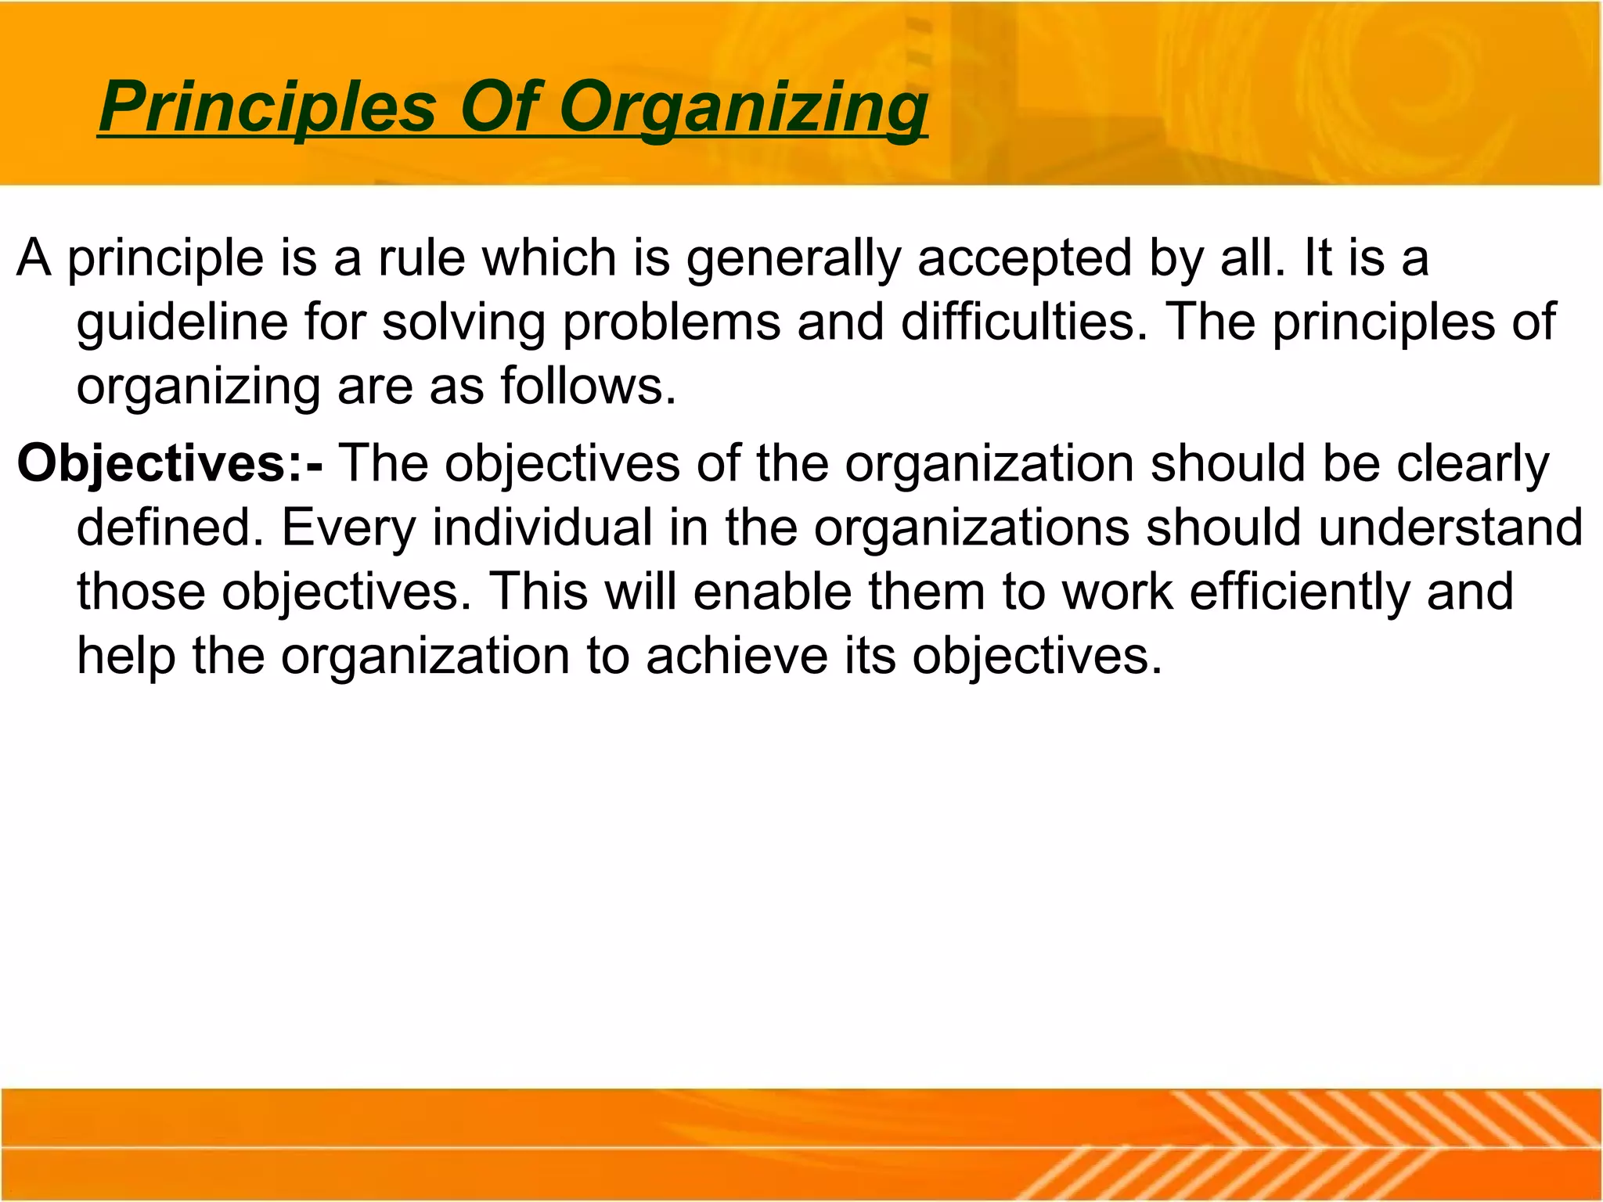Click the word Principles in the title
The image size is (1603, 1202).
267,107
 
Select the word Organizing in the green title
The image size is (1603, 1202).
744,107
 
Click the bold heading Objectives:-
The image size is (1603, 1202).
169,463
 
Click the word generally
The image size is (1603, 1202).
793,259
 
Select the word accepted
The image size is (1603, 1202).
1025,259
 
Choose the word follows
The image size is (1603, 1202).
588,386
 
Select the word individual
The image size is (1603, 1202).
542,527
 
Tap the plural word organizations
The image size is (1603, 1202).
971,528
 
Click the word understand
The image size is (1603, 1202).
1450,527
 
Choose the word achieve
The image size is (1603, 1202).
737,655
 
